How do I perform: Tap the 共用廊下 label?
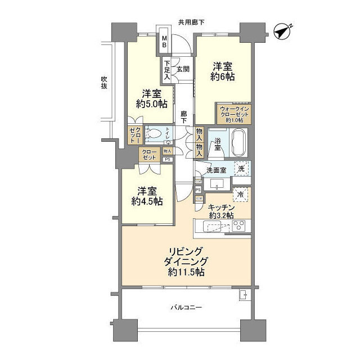pos(191,22)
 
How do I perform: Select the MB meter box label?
pos(165,41)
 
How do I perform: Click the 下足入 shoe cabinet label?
pos(167,69)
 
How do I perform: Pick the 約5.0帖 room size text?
pos(151,103)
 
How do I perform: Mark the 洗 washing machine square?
pos(241,168)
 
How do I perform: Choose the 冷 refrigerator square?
pos(241,195)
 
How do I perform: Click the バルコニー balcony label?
pos(186,307)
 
